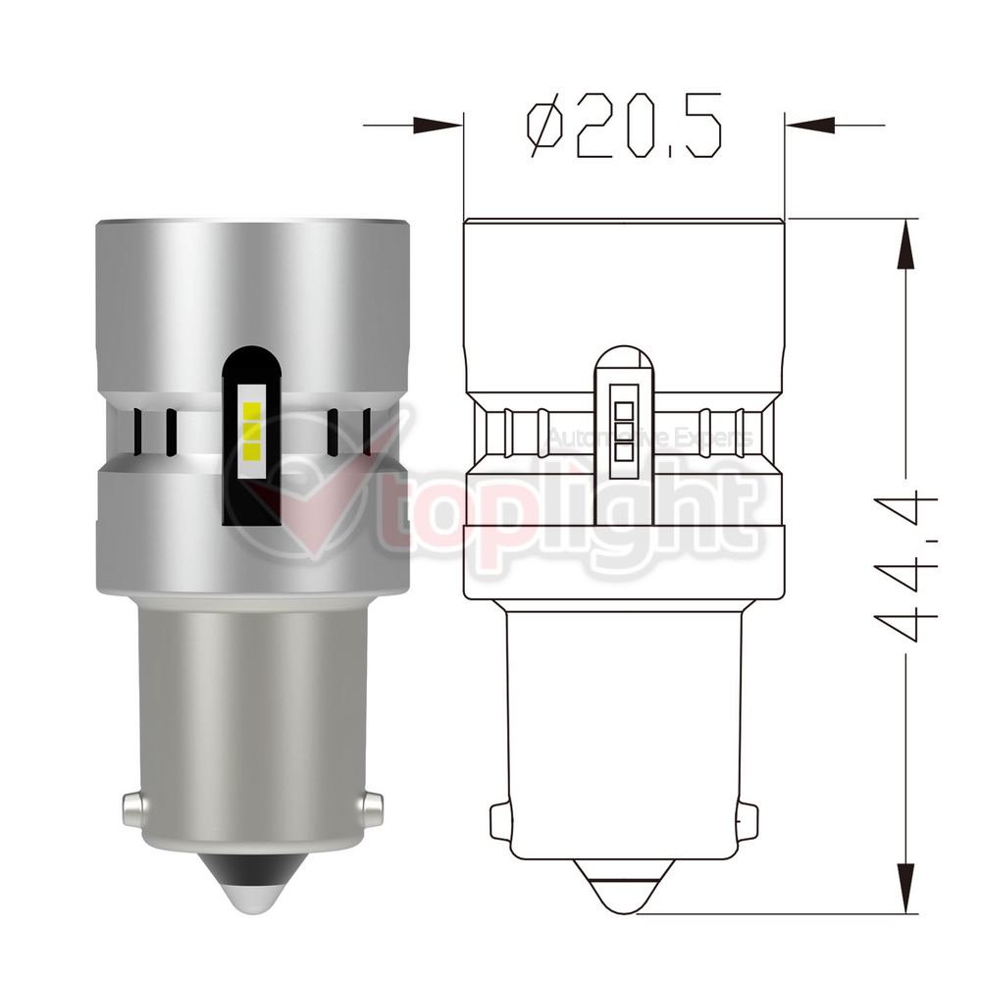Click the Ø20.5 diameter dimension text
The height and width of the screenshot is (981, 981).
pos(624,126)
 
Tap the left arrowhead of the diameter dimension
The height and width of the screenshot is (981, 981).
pos(438,126)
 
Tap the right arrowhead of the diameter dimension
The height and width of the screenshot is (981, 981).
pos(810,126)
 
